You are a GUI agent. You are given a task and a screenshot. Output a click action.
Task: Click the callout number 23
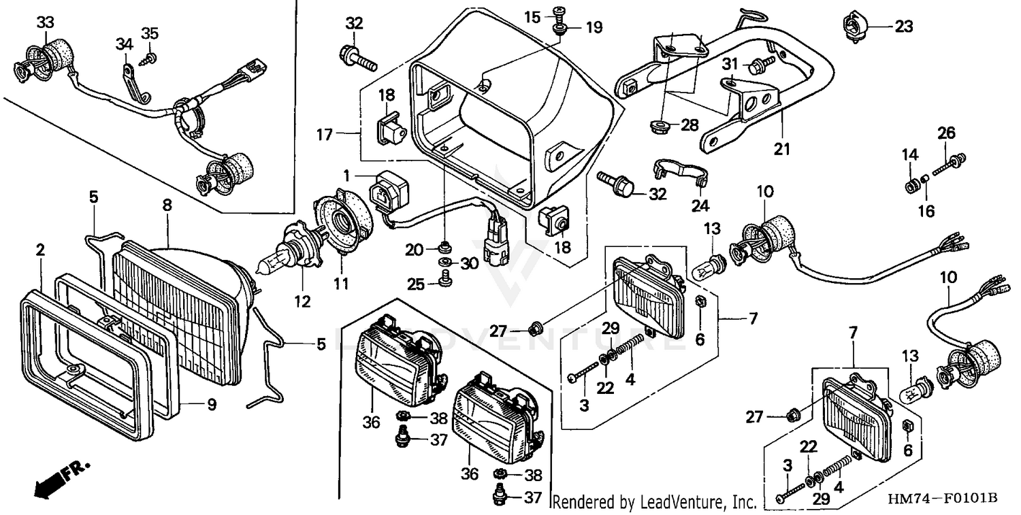pos(903,28)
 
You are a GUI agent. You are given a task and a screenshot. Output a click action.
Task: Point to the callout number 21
pos(781,148)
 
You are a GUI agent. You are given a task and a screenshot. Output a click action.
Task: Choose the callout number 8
pos(167,204)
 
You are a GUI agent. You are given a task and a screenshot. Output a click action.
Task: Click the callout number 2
pos(40,250)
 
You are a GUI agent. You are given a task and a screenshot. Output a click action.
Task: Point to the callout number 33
pos(45,22)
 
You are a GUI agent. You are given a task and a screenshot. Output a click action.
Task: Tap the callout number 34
pos(123,45)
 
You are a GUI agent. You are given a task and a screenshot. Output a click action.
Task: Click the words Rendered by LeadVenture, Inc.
pos(653,503)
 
